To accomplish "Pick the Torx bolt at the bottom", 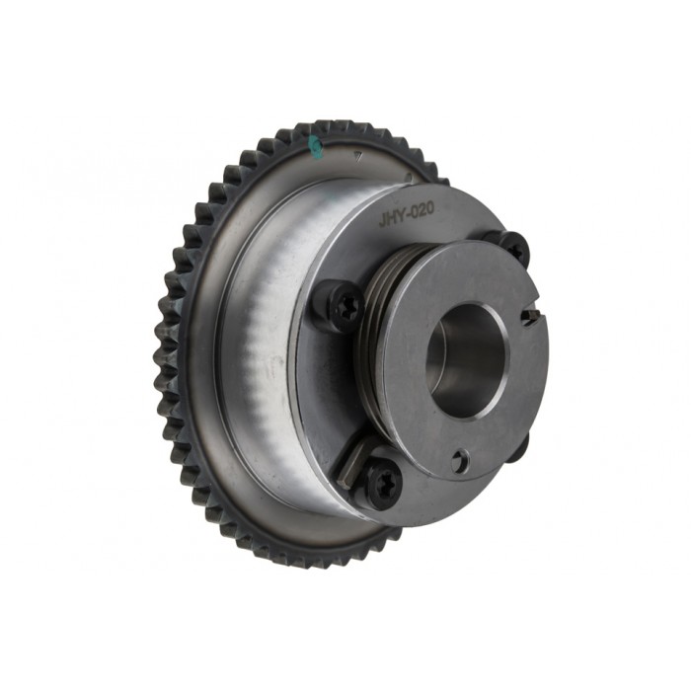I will pyautogui.click(x=383, y=482).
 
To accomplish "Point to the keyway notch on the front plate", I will pyautogui.click(x=530, y=317).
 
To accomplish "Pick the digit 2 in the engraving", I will pyautogui.click(x=421, y=210).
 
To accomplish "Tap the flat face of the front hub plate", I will pyautogui.click(x=424, y=415).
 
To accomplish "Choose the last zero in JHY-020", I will pyautogui.click(x=430, y=208).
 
